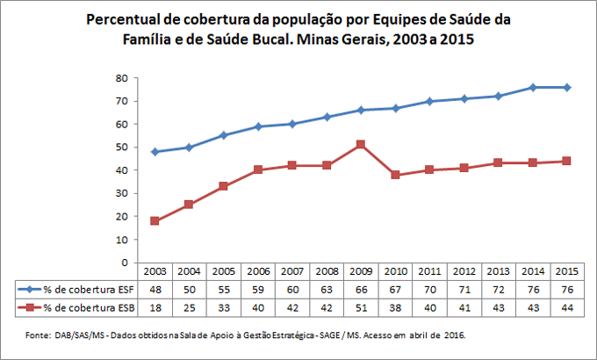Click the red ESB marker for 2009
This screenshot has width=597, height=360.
[360, 144]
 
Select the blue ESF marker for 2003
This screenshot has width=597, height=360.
[155, 151]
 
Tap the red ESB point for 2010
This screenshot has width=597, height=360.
[395, 175]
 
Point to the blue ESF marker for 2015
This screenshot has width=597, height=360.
[566, 87]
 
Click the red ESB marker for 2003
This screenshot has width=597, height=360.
[155, 220]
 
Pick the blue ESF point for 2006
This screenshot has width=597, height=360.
[257, 126]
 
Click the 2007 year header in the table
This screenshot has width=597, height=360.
[291, 272]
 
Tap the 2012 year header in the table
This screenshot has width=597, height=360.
[463, 272]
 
